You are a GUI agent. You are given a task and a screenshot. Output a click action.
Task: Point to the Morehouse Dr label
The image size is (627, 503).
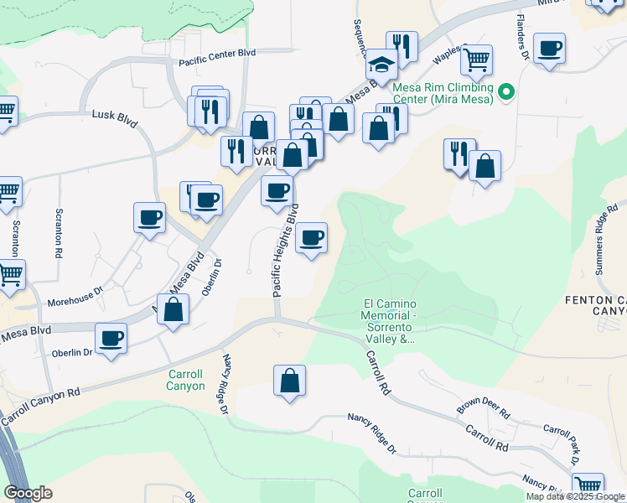pos(75,292)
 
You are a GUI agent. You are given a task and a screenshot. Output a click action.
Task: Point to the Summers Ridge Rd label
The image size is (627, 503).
pos(609,239)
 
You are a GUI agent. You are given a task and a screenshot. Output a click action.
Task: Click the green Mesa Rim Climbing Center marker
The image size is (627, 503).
pos(506,91)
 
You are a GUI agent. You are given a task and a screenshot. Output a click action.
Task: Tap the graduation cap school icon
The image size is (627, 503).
pos(381,64)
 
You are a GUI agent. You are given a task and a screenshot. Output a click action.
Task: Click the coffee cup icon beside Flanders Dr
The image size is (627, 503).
pos(549,48)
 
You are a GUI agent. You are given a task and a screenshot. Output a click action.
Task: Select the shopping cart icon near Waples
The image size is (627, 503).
pos(476,59)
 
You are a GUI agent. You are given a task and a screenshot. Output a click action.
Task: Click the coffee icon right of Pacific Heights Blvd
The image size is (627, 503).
pos(312,238)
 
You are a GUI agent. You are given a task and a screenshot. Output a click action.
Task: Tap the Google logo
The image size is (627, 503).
pos(28,493)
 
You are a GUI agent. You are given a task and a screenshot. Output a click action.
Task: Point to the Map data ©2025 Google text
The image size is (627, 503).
pos(575,496)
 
